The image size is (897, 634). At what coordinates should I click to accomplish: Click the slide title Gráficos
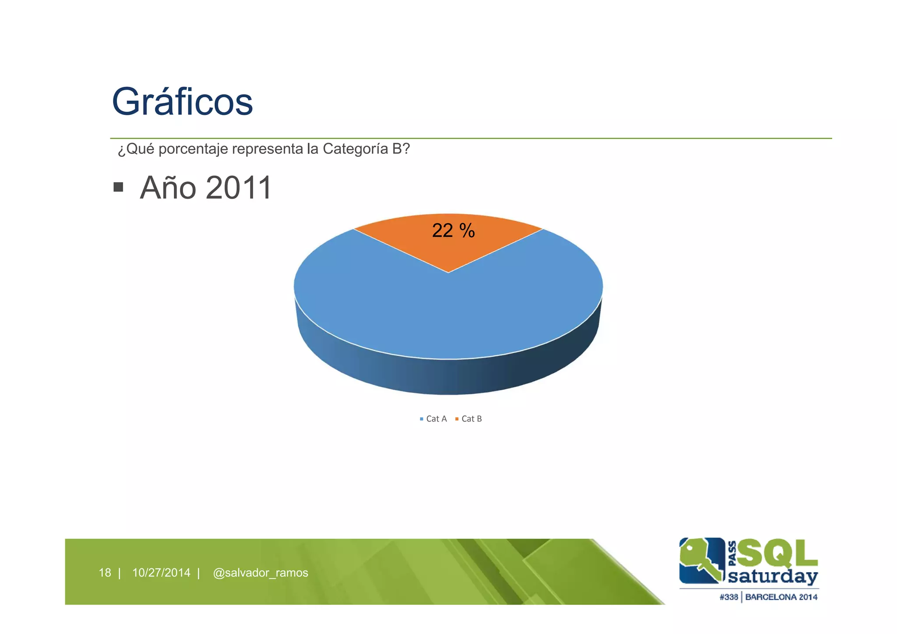182,102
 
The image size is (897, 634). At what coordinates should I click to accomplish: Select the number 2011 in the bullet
239,188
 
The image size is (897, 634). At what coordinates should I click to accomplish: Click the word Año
168,188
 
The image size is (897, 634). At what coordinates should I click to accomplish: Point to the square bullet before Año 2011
118,188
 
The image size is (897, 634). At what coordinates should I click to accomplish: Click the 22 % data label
453,231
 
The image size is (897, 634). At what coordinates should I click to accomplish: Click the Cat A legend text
436,419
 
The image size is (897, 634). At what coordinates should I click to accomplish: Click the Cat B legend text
472,419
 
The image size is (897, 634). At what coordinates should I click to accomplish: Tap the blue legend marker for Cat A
421,419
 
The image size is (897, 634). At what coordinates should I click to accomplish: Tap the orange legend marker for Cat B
457,419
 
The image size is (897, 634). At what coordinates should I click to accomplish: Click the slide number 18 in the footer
105,573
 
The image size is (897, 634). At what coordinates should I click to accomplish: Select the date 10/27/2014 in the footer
161,573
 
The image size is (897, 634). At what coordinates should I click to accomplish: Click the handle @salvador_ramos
260,573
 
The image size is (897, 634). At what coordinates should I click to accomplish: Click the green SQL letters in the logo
777,553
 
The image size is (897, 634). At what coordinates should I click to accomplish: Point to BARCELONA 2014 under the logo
781,597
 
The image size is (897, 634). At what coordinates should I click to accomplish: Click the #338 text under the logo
728,597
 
